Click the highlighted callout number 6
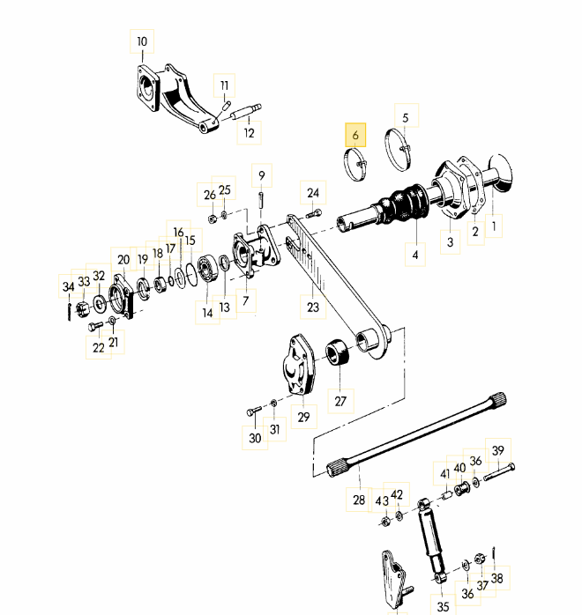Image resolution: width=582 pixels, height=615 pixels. pos(355,135)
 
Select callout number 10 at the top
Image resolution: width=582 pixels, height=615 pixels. pos(142,41)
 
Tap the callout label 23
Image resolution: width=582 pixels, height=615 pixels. pos(313,307)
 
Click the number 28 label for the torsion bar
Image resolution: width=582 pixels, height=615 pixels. pos(359,500)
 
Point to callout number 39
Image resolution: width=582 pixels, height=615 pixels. pos(498,450)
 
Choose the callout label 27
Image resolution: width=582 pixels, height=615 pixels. pos(340,401)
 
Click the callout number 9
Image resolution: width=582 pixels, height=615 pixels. pos(262,175)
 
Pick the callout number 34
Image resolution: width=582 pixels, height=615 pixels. pos(69,286)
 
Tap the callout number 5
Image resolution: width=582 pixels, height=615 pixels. pos(406,118)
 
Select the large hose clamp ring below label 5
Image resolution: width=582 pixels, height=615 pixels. pos(399,151)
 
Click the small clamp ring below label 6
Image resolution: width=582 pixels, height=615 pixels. pos(355,165)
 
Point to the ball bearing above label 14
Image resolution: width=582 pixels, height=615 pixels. pos(207,268)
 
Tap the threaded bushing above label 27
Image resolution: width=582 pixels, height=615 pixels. pos(337,352)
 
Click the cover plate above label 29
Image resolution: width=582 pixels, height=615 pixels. pos(299,365)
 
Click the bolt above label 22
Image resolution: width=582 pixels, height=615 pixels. pos(96,326)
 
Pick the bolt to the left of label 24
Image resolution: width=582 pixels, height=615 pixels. pos(314,214)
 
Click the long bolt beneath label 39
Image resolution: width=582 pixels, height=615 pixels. pos(499,472)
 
